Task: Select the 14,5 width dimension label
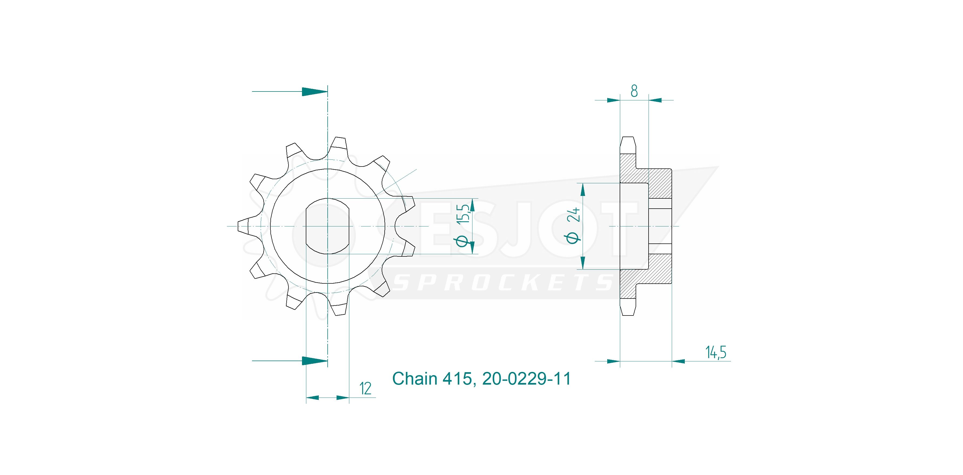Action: pos(716,352)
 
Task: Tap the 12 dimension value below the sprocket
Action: pos(365,389)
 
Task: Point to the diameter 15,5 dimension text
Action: pos(462,226)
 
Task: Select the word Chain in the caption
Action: pos(415,379)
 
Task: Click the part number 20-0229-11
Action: pos(527,379)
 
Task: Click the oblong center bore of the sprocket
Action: pos(327,226)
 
